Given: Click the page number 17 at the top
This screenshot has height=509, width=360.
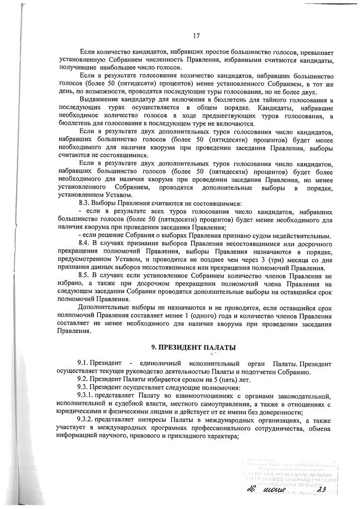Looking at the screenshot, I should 196,35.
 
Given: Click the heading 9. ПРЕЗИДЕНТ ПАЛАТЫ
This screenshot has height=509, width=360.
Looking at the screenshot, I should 193,347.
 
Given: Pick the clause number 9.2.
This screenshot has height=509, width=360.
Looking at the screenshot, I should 84,379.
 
